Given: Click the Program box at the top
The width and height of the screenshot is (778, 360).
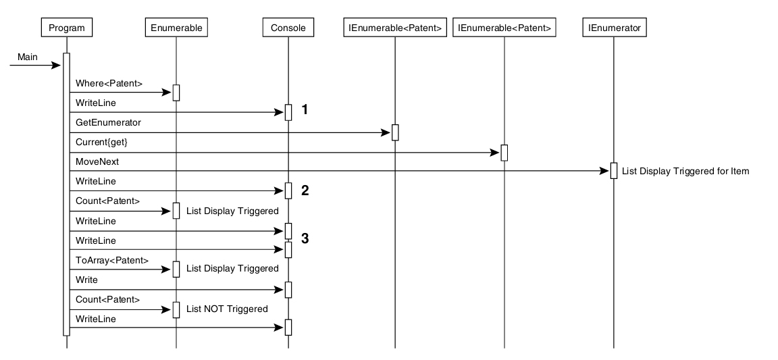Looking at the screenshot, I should (x=67, y=28).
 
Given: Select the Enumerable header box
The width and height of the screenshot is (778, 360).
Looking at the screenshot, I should (x=176, y=28).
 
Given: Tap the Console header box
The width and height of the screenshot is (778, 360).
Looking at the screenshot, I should (x=288, y=28).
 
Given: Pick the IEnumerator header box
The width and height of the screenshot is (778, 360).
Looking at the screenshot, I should (x=614, y=28).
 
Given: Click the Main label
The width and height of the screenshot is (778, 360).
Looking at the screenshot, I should (x=28, y=57).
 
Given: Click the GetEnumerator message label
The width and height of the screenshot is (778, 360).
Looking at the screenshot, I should (x=104, y=123).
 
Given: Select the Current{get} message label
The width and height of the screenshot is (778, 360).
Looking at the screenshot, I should (x=101, y=143).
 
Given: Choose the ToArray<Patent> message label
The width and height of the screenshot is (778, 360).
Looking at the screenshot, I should (x=107, y=260).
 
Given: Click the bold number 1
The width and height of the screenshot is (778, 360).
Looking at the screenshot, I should (x=305, y=109).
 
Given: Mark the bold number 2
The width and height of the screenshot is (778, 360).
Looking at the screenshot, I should (x=305, y=190).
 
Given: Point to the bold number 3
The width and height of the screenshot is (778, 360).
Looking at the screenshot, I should (x=305, y=238).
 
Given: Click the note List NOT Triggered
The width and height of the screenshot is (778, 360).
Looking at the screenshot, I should (x=227, y=309).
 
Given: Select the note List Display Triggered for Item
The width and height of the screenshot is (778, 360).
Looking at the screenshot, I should (x=685, y=171).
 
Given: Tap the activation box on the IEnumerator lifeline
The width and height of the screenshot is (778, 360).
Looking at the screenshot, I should (x=613, y=171).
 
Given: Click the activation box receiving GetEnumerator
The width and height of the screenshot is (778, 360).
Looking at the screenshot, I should (x=395, y=132).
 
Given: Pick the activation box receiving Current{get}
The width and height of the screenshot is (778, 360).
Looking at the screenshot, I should (x=504, y=153).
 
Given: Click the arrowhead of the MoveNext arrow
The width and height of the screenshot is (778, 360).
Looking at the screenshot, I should (x=605, y=172).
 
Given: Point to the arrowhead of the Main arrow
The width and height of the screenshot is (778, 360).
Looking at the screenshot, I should (x=57, y=66).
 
